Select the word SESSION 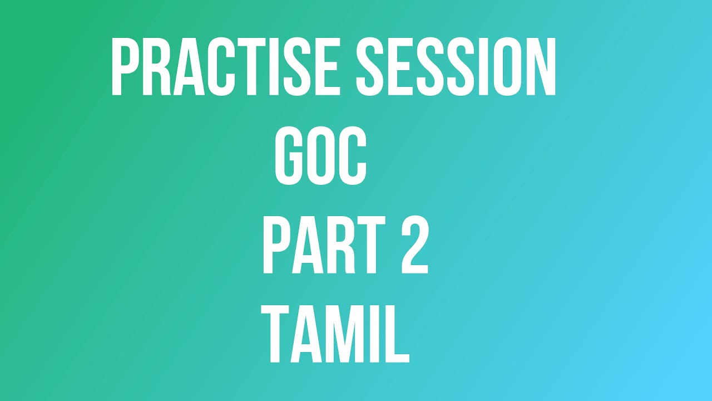[456, 67]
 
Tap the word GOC [321, 155]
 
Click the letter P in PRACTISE [125, 67]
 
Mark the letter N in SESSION [539, 67]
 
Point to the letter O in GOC [321, 155]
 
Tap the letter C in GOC [353, 155]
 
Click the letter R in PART [339, 246]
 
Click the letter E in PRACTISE [324, 67]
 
